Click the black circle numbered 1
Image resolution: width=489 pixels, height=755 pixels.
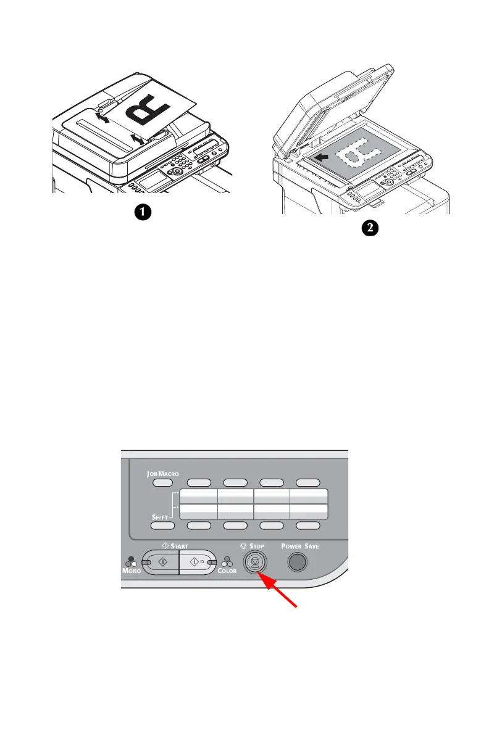(x=143, y=212)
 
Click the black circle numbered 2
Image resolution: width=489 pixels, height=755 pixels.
(x=369, y=229)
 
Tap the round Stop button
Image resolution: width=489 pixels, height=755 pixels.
(x=254, y=563)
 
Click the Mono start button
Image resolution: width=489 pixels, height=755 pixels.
(x=160, y=563)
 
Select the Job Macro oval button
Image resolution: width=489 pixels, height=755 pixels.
(x=162, y=482)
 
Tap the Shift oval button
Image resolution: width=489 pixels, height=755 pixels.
(x=162, y=526)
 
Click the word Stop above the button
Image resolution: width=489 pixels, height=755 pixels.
(x=257, y=546)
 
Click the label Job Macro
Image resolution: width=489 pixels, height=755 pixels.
(x=162, y=474)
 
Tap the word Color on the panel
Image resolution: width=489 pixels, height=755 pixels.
(x=227, y=571)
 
